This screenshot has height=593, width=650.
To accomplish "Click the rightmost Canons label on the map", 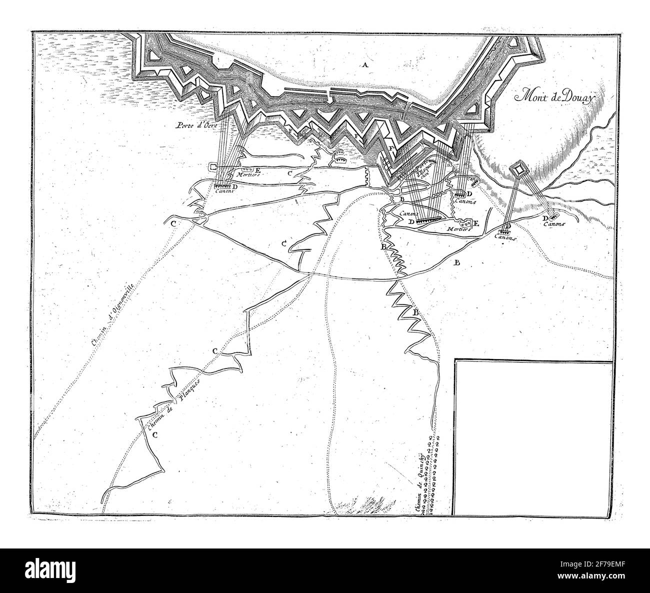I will click(x=552, y=225).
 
